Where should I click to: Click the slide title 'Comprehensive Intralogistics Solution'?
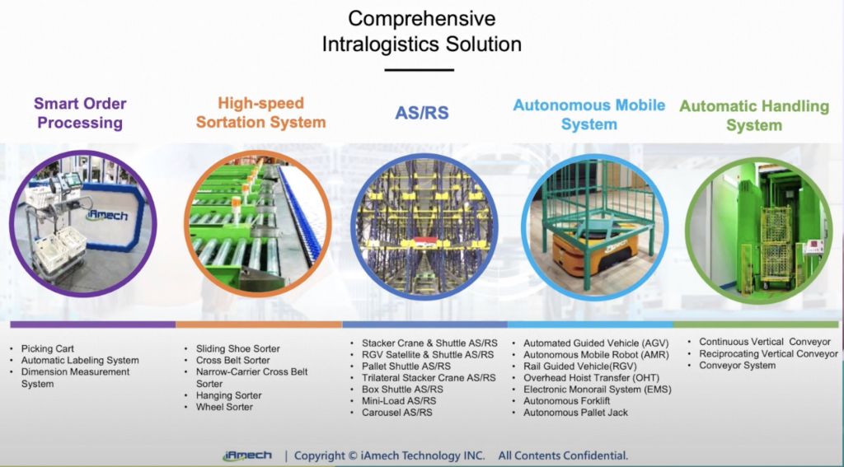click(x=421, y=31)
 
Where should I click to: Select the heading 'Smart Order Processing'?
click(x=80, y=113)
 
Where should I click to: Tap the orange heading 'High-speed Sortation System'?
click(x=261, y=113)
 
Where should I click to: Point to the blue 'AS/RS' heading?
click(x=422, y=113)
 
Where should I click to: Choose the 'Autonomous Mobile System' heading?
click(x=588, y=114)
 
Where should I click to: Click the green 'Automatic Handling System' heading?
click(x=754, y=115)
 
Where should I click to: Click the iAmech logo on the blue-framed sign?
click(x=108, y=215)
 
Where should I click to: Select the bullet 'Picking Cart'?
click(x=47, y=348)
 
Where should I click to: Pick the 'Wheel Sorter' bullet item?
click(x=224, y=407)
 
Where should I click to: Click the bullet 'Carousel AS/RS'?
click(x=397, y=413)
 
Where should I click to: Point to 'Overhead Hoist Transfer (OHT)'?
click(x=591, y=378)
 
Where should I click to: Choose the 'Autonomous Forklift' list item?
click(x=567, y=401)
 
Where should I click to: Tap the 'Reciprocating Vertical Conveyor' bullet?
click(x=768, y=353)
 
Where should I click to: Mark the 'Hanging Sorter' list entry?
click(x=228, y=395)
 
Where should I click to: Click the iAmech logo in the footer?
click(x=247, y=455)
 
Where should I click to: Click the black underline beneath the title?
click(x=419, y=70)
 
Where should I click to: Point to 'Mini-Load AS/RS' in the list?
click(x=399, y=401)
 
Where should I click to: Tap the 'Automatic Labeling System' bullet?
click(x=80, y=361)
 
